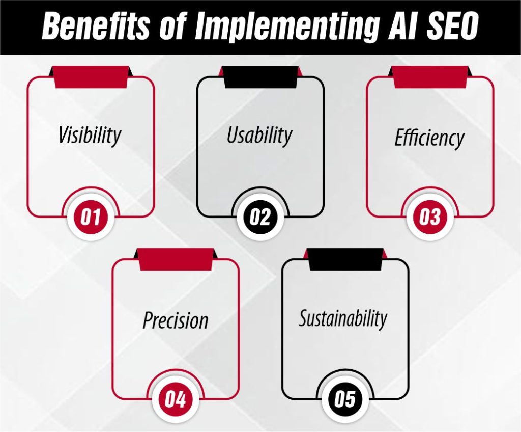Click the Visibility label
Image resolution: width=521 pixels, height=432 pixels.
90,136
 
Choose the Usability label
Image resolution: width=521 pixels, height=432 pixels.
259,136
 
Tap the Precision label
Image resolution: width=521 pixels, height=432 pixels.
176,320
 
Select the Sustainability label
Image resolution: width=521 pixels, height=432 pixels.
343,318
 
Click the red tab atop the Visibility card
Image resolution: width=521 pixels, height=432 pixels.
90,77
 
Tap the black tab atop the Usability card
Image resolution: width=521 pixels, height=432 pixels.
260,77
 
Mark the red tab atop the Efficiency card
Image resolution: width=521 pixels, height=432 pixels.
430,77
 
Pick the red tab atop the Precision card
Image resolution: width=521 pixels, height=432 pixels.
176,259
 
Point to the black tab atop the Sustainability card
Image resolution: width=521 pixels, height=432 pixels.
345,259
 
